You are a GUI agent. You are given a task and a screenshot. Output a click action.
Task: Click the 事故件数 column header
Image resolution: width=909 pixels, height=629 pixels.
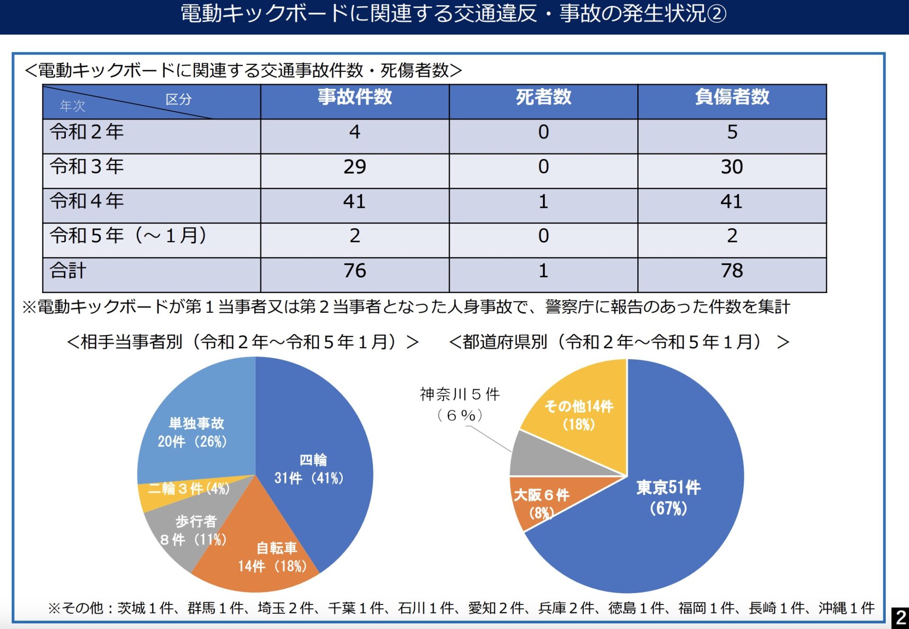tap(355, 97)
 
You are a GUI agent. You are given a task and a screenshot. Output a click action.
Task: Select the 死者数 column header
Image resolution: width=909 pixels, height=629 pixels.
tap(543, 97)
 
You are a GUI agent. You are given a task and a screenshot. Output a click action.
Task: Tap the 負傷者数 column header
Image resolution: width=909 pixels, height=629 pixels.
tap(732, 97)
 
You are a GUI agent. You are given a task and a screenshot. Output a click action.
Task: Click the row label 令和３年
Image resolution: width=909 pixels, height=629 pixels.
tap(87, 167)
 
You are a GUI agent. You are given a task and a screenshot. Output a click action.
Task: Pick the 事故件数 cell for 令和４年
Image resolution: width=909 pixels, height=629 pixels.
tap(355, 202)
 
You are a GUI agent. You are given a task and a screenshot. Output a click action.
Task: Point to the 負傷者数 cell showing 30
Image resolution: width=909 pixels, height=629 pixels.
tap(732, 167)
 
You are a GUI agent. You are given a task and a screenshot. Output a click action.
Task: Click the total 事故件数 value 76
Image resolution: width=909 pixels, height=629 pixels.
tap(355, 271)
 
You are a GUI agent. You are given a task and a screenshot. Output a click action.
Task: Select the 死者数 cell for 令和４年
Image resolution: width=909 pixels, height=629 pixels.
tap(543, 202)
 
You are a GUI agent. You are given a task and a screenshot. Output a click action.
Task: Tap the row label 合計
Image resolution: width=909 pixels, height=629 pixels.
tap(68, 271)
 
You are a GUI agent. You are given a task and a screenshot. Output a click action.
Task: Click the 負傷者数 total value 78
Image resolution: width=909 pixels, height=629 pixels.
tap(732, 271)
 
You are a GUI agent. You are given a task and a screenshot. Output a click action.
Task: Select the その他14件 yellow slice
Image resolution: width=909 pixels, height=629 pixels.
tap(579, 414)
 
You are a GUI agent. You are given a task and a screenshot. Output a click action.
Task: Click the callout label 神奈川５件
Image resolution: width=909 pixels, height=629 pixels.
tap(460, 394)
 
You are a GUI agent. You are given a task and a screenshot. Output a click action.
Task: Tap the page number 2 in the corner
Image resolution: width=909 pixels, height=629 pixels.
tap(900, 617)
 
